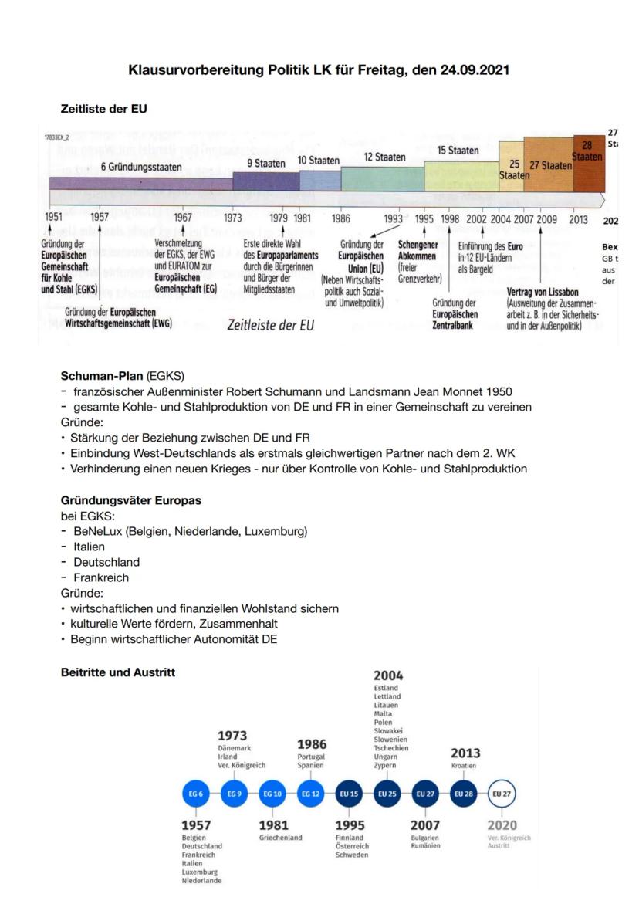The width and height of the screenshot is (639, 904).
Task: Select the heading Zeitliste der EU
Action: click(105, 109)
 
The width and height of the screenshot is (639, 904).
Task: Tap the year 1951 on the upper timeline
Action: click(52, 218)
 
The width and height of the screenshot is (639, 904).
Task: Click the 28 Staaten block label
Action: click(589, 151)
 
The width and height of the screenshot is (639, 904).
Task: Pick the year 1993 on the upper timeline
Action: click(394, 218)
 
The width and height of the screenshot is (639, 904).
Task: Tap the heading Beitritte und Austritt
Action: click(117, 672)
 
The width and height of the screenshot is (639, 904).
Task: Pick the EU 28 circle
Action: click(463, 793)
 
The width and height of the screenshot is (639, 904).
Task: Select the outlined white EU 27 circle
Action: click(501, 793)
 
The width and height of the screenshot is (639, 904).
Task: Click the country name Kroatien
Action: click(464, 766)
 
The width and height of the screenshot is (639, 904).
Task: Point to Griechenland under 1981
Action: click(280, 837)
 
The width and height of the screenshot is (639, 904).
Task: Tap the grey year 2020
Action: click(502, 824)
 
